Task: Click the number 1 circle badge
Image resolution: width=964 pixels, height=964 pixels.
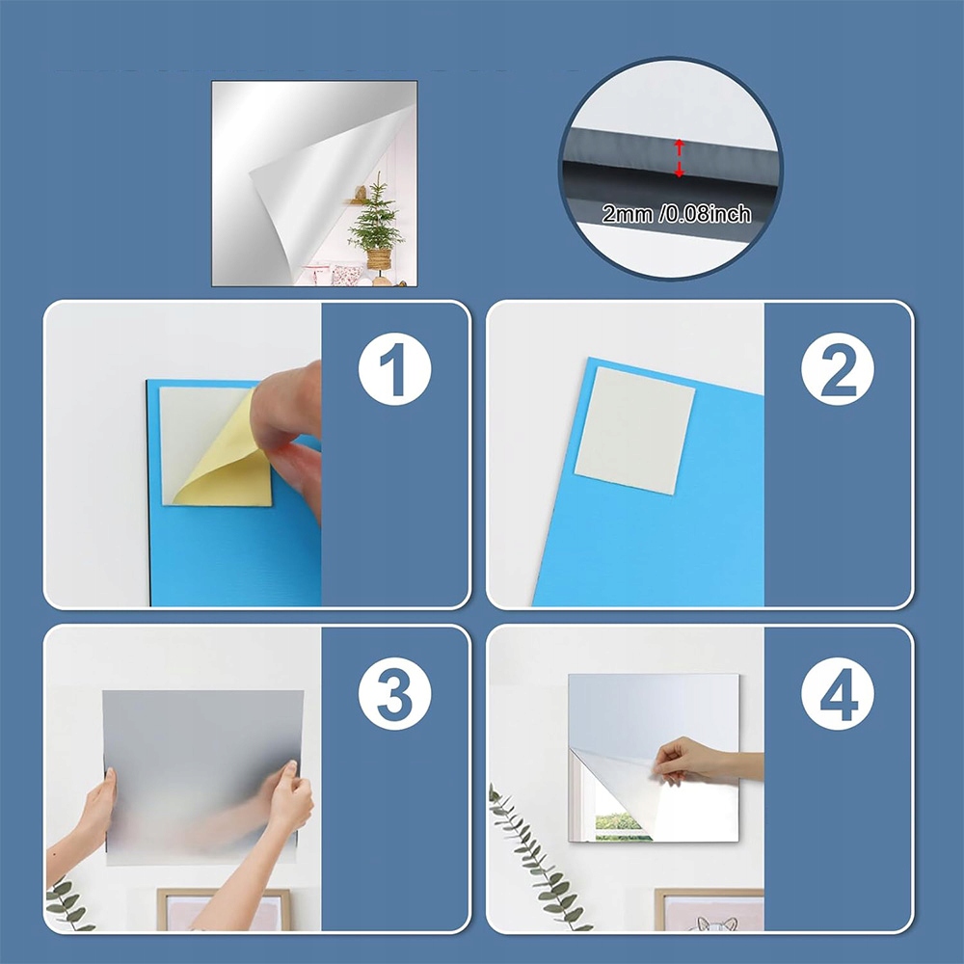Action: click(x=394, y=369)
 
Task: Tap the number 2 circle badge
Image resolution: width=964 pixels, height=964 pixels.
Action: click(x=838, y=369)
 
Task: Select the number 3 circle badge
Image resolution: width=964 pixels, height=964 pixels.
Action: click(x=394, y=693)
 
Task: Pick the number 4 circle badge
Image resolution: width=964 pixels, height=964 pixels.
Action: click(x=838, y=693)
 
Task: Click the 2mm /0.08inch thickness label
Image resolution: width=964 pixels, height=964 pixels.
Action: click(x=677, y=214)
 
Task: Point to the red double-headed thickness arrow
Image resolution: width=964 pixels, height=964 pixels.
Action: click(x=679, y=158)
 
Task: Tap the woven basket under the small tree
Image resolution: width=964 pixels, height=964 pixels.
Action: click(x=379, y=258)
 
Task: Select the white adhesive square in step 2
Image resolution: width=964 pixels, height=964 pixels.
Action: click(x=634, y=430)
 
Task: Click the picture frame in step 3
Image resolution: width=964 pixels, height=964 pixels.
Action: click(x=224, y=909)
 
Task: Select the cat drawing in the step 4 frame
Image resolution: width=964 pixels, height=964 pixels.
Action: click(x=717, y=923)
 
